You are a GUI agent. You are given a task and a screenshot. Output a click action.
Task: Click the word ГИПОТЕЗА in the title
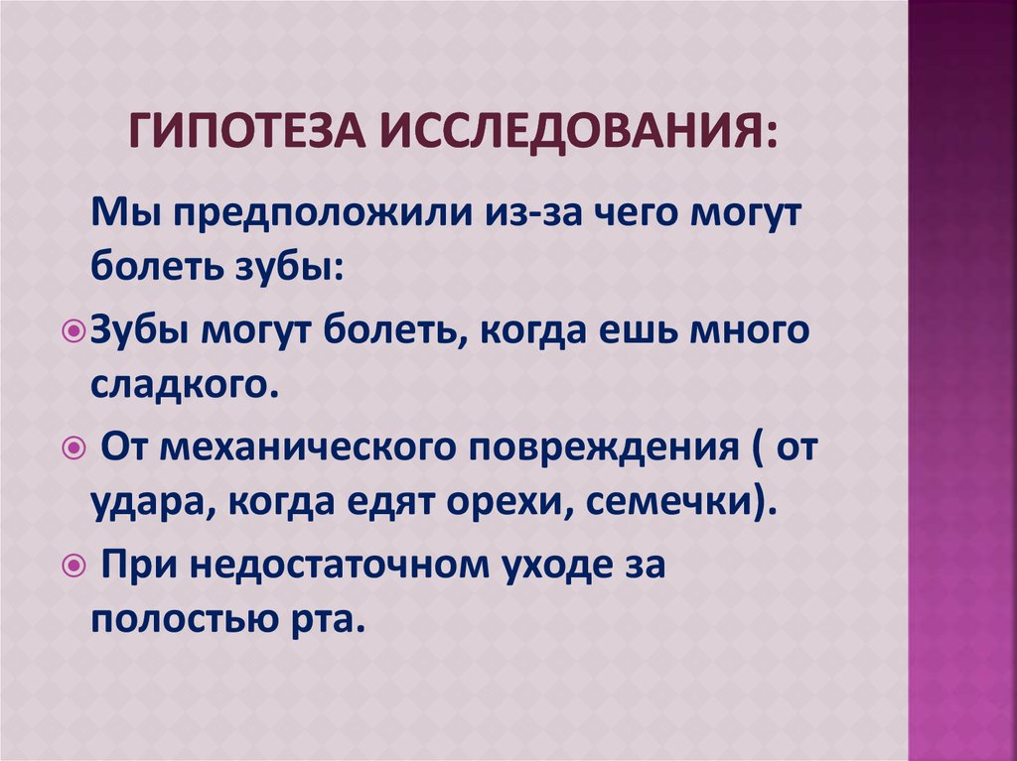tap(244, 130)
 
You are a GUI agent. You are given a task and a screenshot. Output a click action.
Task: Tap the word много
tap(761, 331)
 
